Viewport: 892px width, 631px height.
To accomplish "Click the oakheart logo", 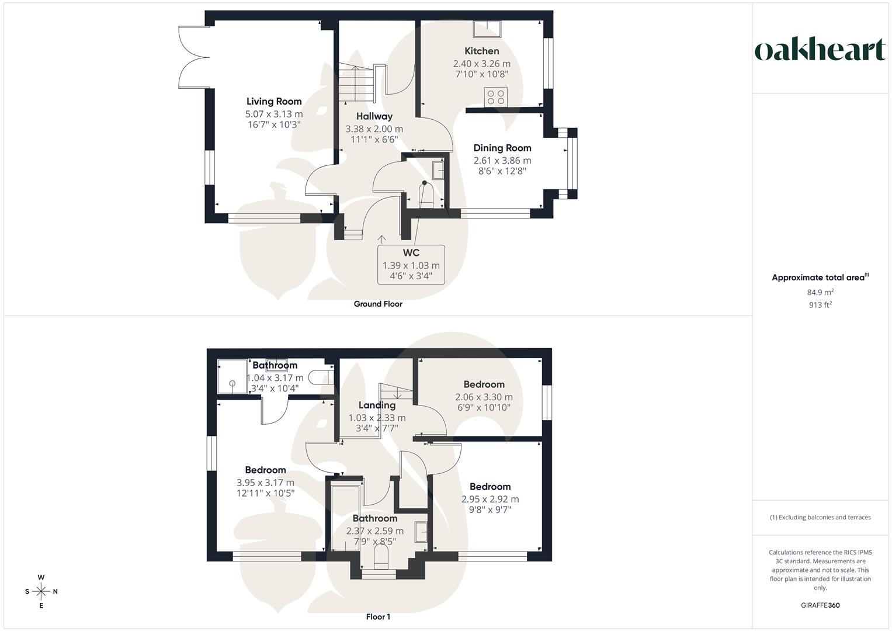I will click(x=820, y=50).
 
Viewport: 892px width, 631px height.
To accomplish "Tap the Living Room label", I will click(x=274, y=102).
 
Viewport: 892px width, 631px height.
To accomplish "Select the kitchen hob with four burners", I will click(x=497, y=97).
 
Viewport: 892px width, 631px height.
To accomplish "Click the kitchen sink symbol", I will click(x=487, y=29).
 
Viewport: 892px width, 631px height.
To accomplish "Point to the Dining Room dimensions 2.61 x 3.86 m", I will click(x=502, y=160).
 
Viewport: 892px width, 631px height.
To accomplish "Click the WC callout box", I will click(x=411, y=265).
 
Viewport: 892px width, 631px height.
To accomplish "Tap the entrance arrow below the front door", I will click(x=382, y=239).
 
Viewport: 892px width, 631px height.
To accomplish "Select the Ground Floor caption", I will click(x=378, y=304).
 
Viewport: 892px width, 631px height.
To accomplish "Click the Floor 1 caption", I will click(x=378, y=617).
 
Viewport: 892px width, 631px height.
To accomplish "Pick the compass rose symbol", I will click(x=41, y=591).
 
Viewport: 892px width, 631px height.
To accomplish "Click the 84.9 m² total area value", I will click(x=820, y=292).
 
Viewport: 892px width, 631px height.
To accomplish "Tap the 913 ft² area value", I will click(x=820, y=304).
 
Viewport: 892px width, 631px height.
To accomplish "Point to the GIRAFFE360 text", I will click(x=820, y=605).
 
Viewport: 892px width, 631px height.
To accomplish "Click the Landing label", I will click(x=377, y=405).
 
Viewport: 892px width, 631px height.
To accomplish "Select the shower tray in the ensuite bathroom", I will click(x=232, y=376).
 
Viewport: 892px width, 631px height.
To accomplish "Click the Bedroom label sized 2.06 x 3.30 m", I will click(x=484, y=384).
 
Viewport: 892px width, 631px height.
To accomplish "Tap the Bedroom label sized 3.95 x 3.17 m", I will click(x=265, y=470).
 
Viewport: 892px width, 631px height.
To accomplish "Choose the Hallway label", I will click(x=374, y=116).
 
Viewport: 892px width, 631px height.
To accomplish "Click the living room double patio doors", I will click(x=194, y=57).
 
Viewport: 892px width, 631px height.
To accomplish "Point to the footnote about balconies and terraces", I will click(x=820, y=517).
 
